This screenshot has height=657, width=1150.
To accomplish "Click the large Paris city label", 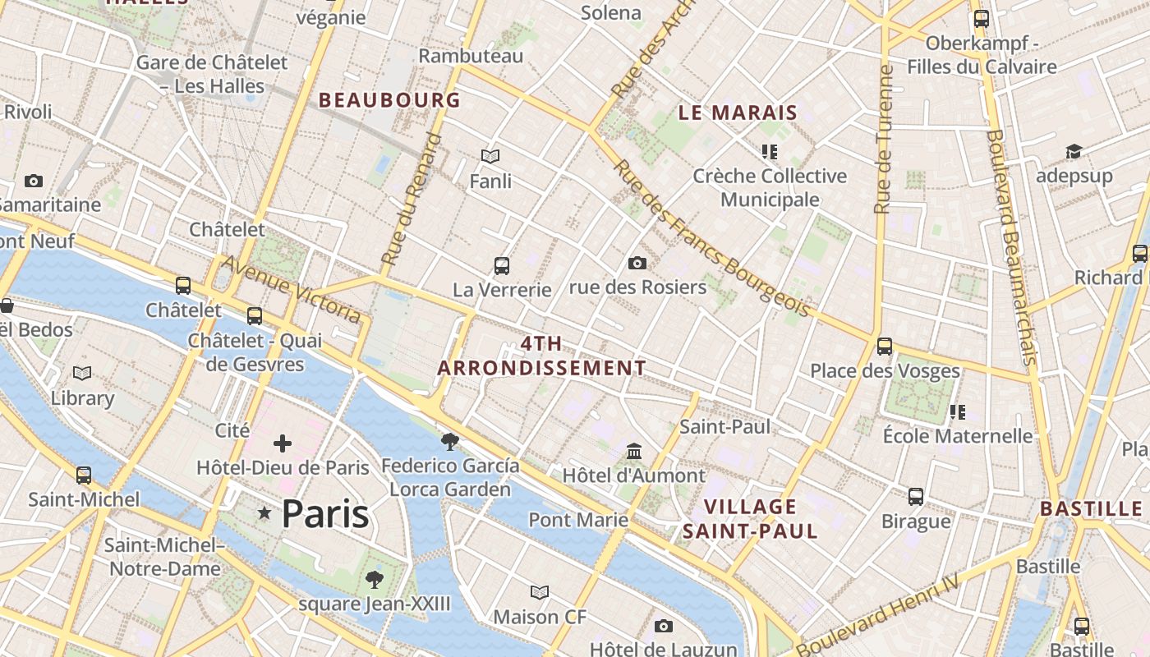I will [325, 514].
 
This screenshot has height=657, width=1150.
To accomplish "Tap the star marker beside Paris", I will [264, 513].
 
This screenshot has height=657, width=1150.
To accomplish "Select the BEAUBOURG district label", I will [389, 100].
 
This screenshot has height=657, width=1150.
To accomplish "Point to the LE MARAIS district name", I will [738, 113].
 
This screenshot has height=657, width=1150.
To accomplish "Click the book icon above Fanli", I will [490, 156].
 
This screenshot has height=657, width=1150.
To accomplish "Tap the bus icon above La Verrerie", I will [502, 266].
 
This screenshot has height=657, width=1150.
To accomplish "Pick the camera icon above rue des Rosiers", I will [637, 263].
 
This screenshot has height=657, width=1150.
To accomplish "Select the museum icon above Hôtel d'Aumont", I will [634, 452].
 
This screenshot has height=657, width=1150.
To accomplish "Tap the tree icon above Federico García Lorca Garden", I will [449, 442].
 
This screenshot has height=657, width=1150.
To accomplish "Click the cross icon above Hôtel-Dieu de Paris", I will [283, 444].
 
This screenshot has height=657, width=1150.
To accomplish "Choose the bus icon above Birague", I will [916, 497].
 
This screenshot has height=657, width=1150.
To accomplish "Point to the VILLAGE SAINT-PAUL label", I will [750, 518].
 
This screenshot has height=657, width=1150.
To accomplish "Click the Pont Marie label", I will [578, 520].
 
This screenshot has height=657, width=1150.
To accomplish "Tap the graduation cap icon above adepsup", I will [1074, 152].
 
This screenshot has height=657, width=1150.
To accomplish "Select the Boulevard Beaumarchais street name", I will [1010, 246].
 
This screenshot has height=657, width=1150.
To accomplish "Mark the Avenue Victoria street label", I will [291, 289].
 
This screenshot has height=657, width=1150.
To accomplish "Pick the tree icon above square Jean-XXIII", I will [375, 580].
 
